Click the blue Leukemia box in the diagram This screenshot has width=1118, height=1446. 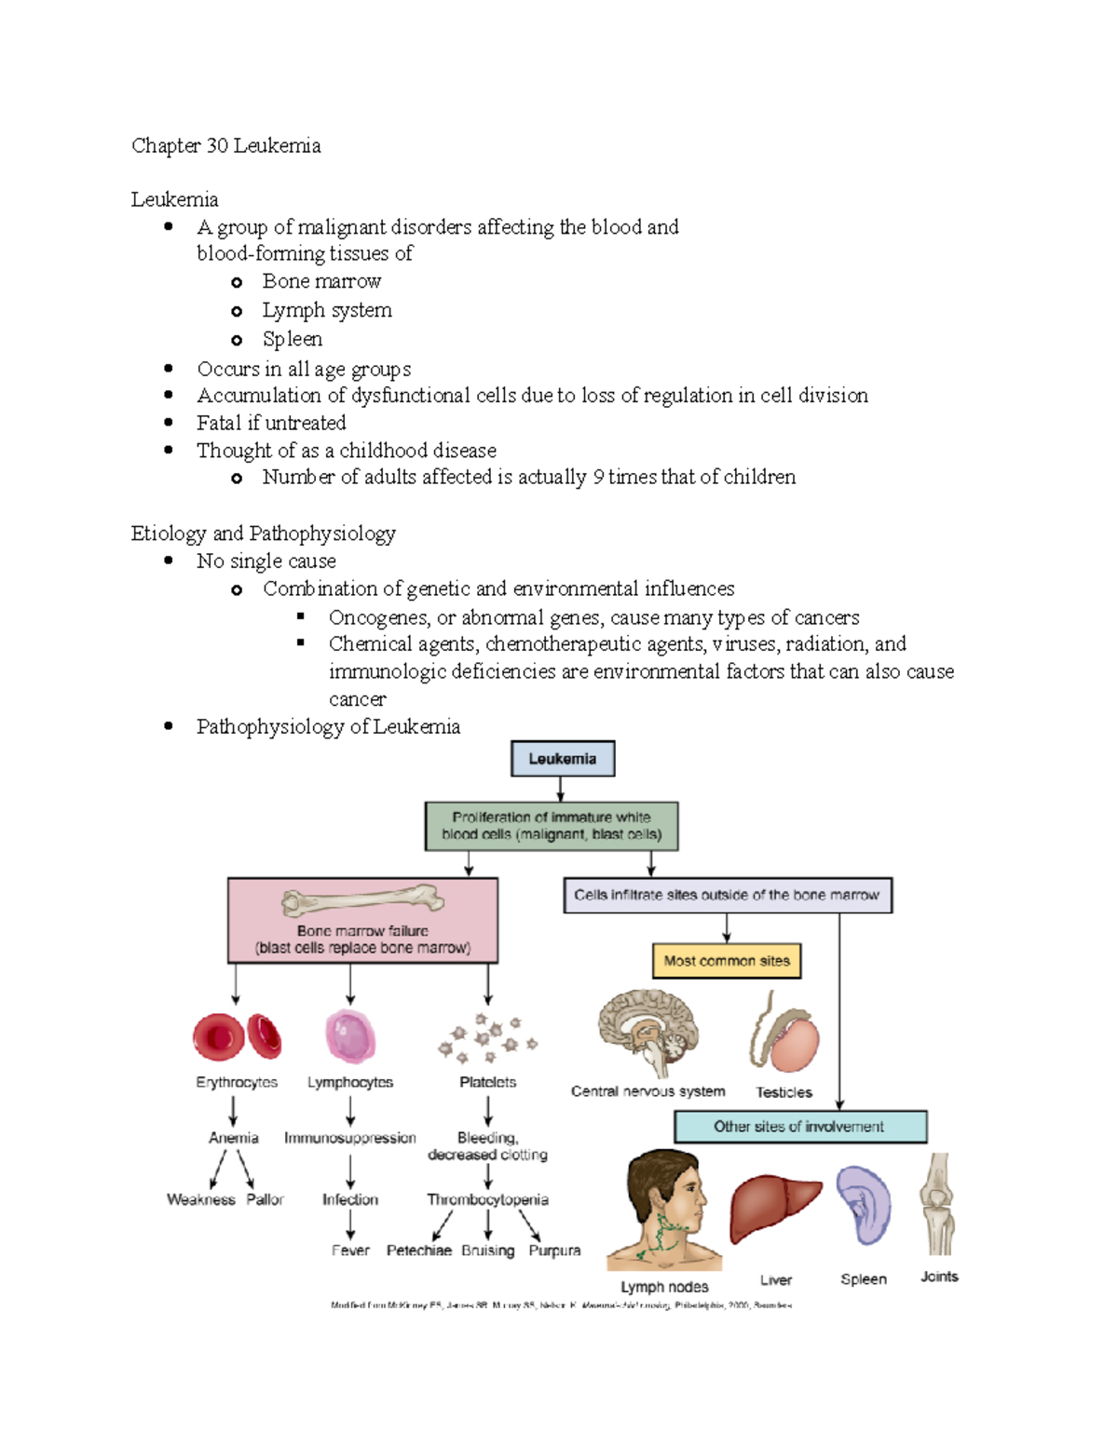562,759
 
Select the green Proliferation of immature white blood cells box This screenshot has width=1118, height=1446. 552,826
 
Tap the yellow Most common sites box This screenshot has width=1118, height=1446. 726,961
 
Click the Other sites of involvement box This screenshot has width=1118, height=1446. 799,1127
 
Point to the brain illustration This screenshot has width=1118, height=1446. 648,1032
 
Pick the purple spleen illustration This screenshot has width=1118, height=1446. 864,1205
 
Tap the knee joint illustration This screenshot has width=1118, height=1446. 937,1205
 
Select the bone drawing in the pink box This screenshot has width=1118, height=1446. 362,901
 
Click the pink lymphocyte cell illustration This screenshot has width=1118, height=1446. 350,1035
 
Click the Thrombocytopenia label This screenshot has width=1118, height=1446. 487,1199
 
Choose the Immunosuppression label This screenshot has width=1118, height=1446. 349,1138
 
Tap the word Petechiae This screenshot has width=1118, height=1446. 418,1250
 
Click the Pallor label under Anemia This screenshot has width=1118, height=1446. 265,1199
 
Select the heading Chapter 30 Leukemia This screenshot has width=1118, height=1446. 226,145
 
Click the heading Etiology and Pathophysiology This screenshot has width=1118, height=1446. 263,534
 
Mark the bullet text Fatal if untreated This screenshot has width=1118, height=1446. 271,423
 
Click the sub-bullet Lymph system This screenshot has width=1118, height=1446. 327,310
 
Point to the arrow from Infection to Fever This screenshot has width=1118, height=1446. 350,1225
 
